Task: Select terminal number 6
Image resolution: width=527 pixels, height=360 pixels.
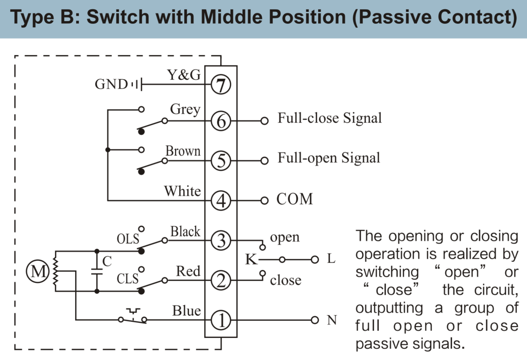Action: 221,121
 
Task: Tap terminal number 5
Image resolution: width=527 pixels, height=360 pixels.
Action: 221,160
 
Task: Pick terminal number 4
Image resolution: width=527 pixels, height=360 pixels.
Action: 221,200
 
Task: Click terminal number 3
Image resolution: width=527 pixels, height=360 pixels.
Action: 221,240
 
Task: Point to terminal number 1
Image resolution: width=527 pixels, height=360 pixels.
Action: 221,320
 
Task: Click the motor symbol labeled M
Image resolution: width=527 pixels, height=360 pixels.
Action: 39,272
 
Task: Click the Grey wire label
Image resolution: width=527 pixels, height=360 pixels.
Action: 185,110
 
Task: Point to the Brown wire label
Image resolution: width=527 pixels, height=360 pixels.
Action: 183,151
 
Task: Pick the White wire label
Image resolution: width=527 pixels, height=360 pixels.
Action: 182,191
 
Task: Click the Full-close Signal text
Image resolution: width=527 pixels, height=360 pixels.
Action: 330,118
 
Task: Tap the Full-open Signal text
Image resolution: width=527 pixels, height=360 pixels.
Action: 329,157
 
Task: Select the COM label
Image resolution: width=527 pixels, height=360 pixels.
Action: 294,199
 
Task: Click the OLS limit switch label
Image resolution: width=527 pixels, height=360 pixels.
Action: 128,239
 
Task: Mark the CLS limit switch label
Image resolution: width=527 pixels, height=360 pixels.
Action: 128,279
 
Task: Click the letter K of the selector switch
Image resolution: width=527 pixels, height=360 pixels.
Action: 251,259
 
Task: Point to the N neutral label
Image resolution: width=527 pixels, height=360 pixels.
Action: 332,320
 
